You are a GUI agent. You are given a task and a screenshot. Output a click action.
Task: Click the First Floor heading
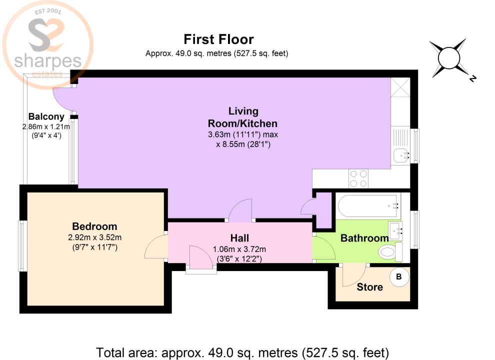[x=218, y=39]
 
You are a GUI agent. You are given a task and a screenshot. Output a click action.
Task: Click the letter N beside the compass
[x=472, y=78]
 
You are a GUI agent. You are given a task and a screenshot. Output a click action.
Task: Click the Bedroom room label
[x=94, y=226]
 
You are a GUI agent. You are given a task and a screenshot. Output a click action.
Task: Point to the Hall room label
[x=239, y=238]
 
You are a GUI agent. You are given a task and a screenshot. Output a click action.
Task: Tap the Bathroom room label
[x=364, y=238]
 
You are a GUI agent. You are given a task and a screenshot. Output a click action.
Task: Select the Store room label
[x=370, y=287]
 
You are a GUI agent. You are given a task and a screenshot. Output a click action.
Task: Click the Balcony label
[x=45, y=117]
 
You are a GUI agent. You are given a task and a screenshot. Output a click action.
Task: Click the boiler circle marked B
[x=399, y=276]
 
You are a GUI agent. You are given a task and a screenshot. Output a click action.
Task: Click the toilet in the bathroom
[x=390, y=252]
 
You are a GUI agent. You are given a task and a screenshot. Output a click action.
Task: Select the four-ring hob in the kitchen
[x=358, y=179]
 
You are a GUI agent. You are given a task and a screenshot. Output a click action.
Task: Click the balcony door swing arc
[x=62, y=99]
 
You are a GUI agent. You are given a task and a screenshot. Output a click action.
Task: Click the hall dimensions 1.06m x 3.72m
[x=239, y=249]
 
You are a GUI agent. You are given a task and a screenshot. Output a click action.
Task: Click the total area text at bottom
[x=242, y=351]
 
